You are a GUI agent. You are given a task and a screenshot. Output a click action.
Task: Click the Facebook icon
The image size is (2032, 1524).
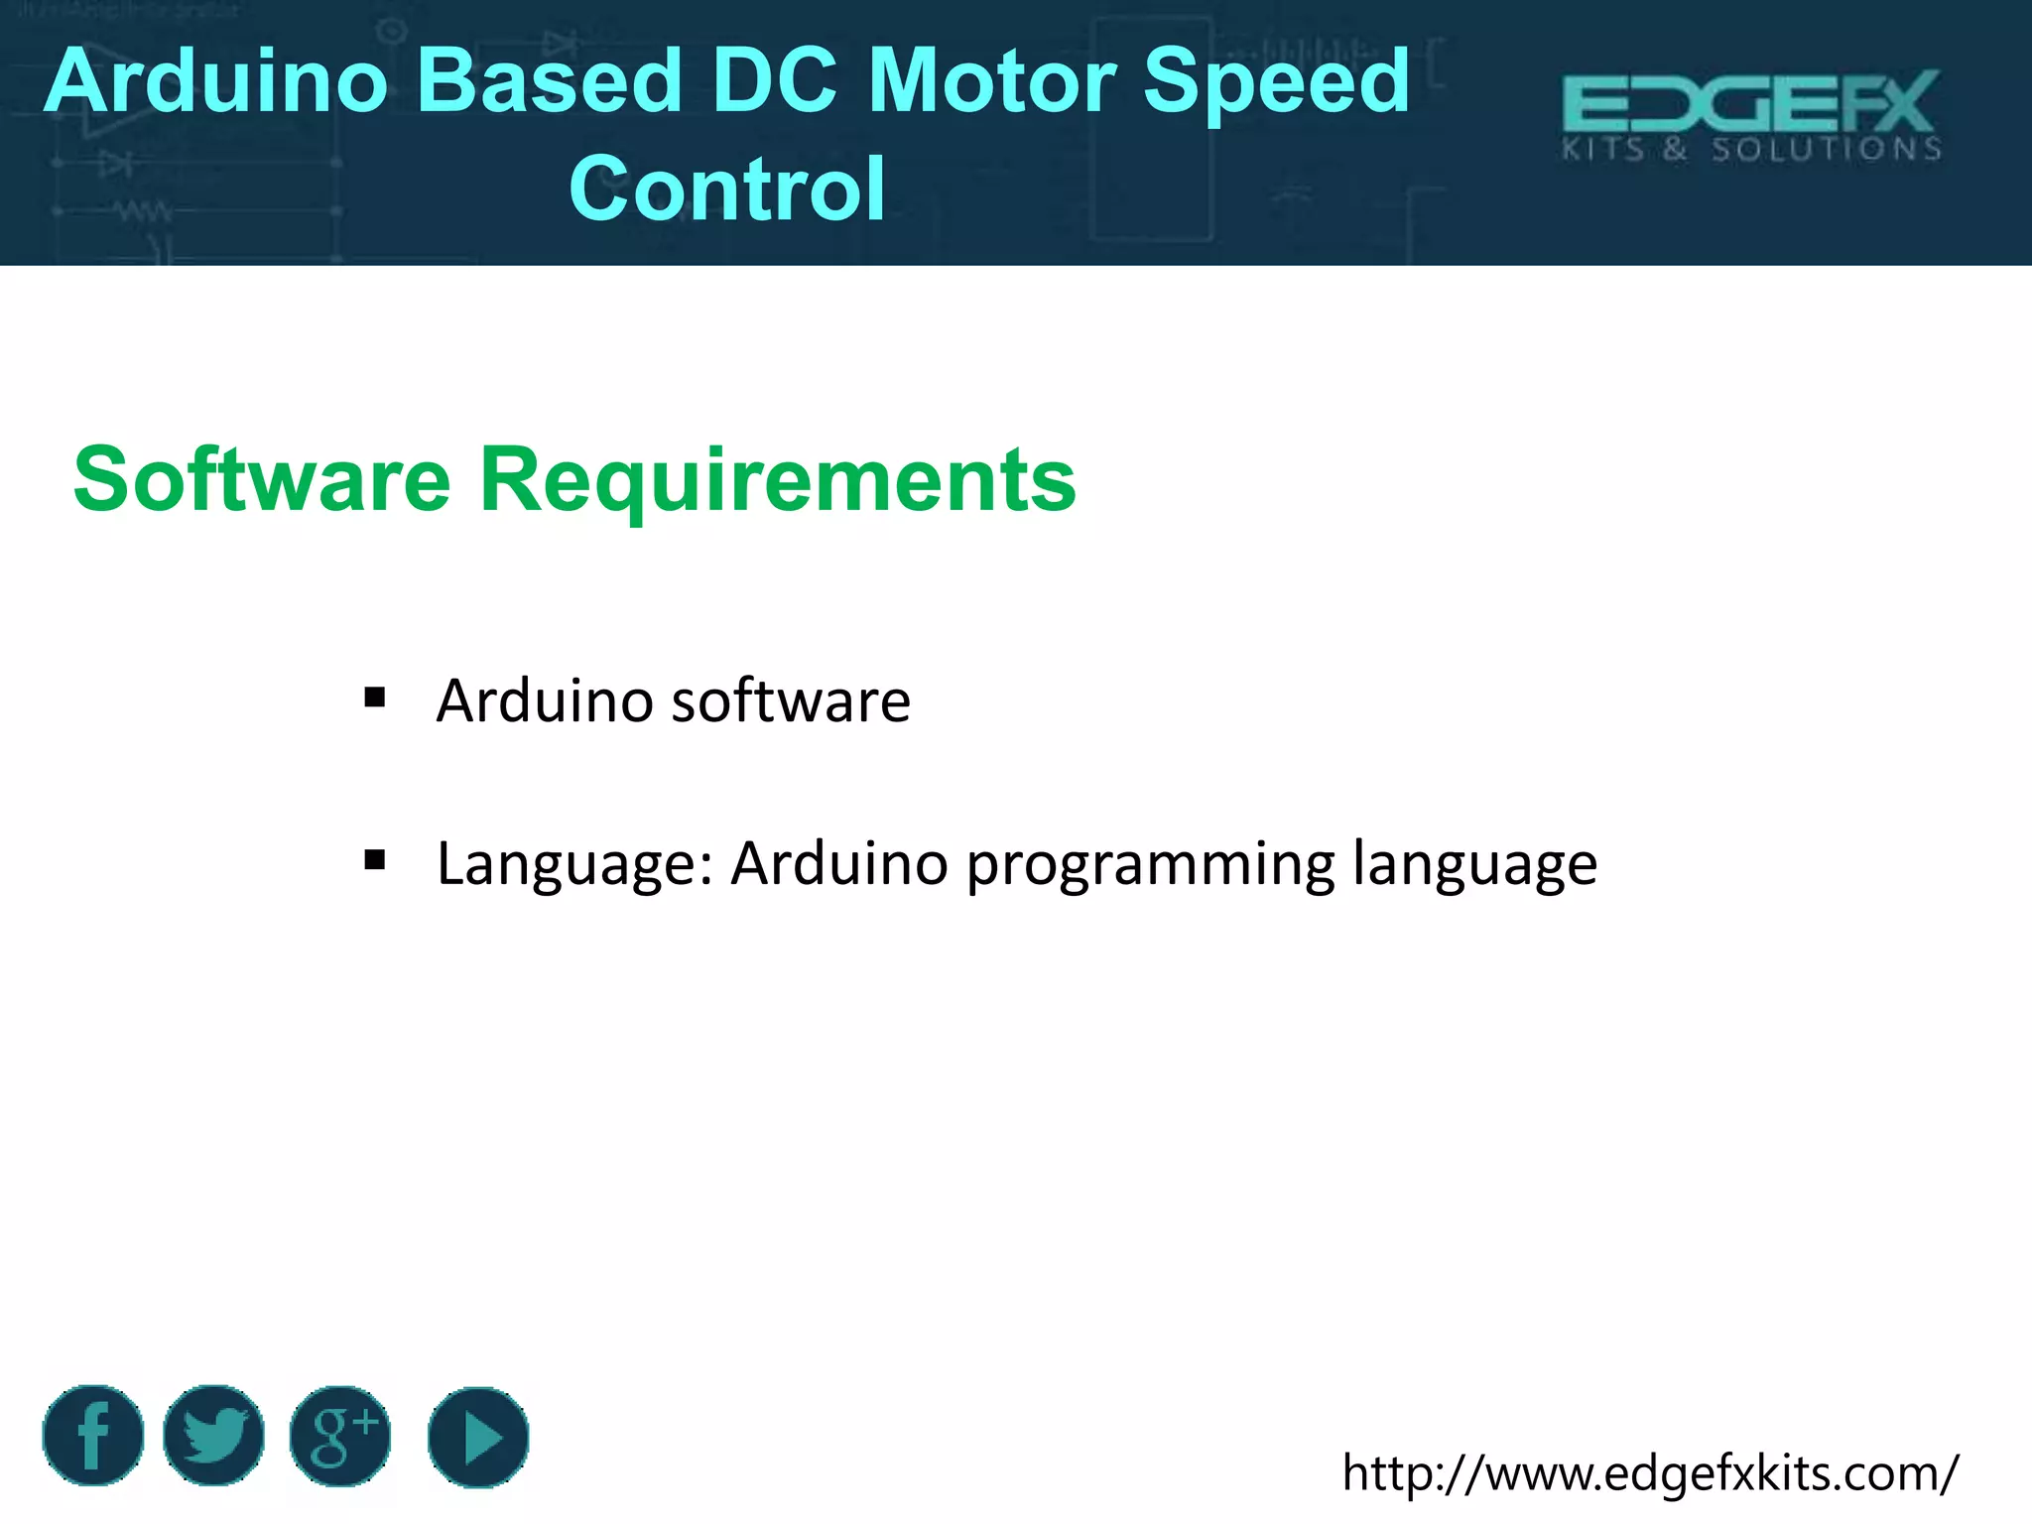93,1436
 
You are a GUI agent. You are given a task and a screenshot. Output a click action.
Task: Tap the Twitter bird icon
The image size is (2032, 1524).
214,1436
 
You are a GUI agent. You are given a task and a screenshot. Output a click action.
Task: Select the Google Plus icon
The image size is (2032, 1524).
340,1436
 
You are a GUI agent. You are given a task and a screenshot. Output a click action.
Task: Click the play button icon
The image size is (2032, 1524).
478,1438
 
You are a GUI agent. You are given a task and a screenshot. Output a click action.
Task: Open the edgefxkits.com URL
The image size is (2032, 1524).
1650,1473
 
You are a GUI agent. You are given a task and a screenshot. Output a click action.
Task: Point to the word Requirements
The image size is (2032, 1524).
777,480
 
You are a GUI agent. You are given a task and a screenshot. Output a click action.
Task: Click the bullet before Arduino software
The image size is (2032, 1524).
374,698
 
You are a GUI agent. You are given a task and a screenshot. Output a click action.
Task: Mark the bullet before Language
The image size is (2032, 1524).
374,859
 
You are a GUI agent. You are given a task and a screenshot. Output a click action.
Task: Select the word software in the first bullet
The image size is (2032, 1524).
791,700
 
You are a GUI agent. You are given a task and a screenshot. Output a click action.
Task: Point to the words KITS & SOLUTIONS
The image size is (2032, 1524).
1751,150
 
